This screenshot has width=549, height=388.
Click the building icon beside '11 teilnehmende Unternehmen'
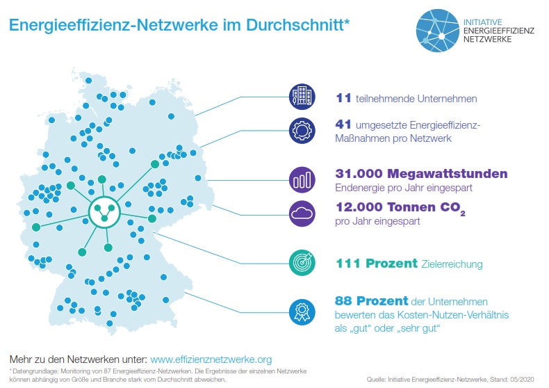[300, 97]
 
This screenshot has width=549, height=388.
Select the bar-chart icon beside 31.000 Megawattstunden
[301, 180]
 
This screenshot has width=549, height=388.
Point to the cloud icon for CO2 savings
[301, 213]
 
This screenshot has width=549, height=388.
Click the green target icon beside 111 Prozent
[300, 264]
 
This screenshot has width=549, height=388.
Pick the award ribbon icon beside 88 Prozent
[300, 308]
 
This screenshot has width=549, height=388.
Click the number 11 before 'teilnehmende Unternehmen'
[343, 98]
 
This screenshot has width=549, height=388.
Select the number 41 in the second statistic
[343, 124]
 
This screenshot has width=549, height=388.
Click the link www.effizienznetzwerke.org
[211, 360]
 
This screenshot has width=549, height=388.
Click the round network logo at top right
[436, 31]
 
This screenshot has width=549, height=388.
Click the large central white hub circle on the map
[104, 211]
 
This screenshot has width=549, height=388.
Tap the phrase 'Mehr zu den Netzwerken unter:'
[78, 360]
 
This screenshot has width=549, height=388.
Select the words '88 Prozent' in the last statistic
[370, 302]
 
